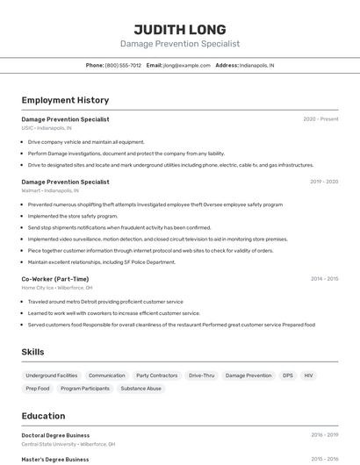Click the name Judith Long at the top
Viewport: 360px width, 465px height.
[x=180, y=29]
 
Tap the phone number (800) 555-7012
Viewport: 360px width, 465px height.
[x=123, y=65]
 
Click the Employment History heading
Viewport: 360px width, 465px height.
[x=65, y=100]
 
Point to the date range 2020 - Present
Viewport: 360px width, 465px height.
[x=320, y=119]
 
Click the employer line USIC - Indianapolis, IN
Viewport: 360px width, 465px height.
[x=47, y=128]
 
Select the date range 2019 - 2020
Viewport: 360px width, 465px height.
[x=324, y=182]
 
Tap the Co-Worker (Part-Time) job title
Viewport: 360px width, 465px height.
[x=55, y=279]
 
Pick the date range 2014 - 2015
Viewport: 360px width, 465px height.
[x=324, y=279]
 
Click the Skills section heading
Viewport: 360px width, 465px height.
[x=33, y=352]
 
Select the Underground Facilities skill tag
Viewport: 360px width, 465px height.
[x=52, y=376]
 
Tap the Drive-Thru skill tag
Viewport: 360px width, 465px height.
[x=201, y=376]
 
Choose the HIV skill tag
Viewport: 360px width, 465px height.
[x=308, y=376]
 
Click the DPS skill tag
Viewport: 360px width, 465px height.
[x=288, y=376]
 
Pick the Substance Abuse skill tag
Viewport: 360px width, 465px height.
[x=141, y=389]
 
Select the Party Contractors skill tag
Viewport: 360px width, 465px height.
[x=157, y=376]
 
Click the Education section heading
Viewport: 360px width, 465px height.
[x=43, y=416]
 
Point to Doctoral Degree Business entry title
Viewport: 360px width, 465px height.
[x=55, y=435]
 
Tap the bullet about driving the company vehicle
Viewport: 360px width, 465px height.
[x=86, y=141]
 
